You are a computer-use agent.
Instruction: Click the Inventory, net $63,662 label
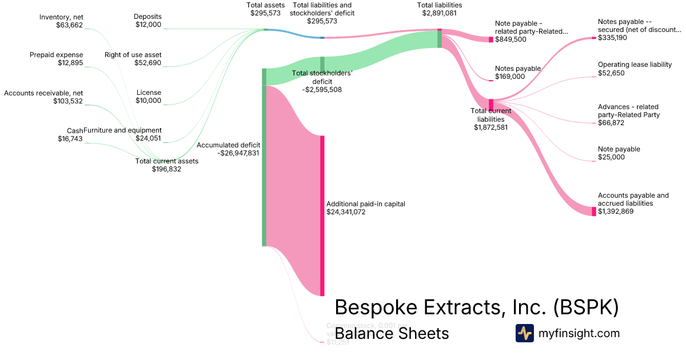click(x=61, y=21)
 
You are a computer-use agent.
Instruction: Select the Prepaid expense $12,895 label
click(x=57, y=59)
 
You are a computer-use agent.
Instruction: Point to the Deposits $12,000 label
click(x=148, y=21)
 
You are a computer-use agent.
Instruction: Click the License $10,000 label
click(x=149, y=97)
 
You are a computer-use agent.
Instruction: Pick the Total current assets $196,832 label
click(x=166, y=165)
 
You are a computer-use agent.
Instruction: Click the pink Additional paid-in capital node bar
click(x=322, y=215)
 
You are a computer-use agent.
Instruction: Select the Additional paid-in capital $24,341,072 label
click(x=365, y=207)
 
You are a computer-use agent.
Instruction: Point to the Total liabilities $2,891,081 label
click(x=439, y=9)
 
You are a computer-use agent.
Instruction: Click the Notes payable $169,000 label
click(x=517, y=73)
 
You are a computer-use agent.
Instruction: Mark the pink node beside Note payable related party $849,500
click(x=490, y=39)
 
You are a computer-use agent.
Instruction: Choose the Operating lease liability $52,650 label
click(x=635, y=69)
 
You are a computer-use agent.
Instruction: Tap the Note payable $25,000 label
click(x=619, y=153)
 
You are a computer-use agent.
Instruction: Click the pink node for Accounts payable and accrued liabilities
click(x=594, y=211)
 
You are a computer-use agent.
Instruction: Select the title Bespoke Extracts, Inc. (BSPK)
click(x=476, y=307)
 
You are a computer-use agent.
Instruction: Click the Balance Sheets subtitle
click(x=392, y=333)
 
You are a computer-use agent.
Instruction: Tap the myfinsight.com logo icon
click(x=524, y=333)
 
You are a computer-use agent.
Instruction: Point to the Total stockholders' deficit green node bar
click(x=322, y=65)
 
